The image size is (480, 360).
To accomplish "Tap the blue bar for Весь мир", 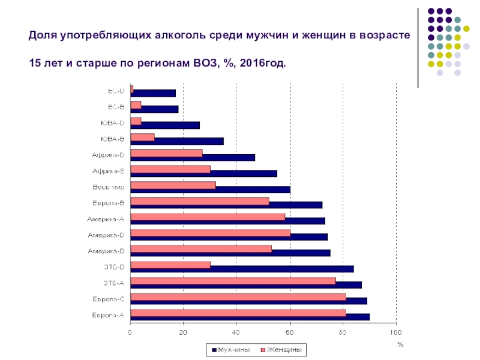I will tap(252, 190).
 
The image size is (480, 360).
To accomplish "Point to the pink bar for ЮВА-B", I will tap(142, 137).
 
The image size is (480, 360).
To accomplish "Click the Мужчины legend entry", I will tap(226, 349).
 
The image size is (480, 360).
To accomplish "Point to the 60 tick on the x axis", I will tap(290, 331).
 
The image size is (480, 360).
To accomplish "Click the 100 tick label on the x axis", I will tap(395, 331).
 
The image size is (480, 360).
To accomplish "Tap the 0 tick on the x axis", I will tap(130, 331).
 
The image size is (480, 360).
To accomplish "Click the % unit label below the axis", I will tap(400, 344).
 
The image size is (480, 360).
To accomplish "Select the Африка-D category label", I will tap(108, 155).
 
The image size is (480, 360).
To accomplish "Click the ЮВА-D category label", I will tap(112, 124).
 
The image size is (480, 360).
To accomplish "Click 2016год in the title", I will tap(262, 62).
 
